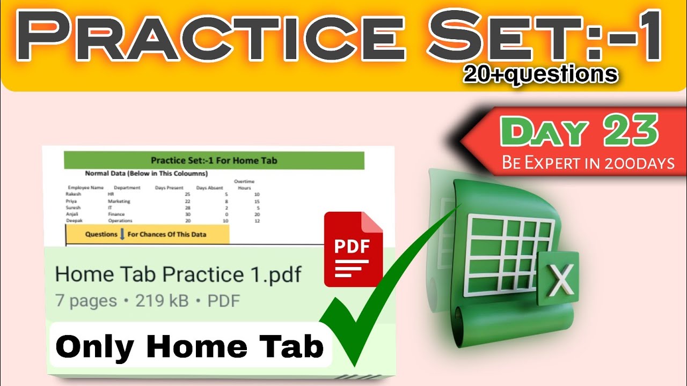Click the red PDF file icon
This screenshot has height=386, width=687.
[x=353, y=250]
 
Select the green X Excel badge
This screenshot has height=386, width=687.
[x=558, y=278]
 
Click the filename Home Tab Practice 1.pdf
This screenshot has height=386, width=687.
[x=178, y=275]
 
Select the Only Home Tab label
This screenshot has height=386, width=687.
[x=189, y=347]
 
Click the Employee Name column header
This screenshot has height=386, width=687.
[x=86, y=188]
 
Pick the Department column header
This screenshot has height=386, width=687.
[x=127, y=188]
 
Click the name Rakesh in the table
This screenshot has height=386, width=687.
[x=74, y=194]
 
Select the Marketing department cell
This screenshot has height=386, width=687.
[x=119, y=201]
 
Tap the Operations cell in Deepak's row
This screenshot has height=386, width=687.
[x=120, y=220]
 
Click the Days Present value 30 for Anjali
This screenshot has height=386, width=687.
[x=187, y=214]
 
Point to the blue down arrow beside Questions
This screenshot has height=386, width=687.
[x=122, y=234]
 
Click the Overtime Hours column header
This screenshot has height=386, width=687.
[x=244, y=185]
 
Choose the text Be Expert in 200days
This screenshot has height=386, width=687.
[x=588, y=162]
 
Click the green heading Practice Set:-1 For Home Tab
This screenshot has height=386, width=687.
[x=214, y=160]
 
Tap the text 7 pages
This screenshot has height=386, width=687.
[x=86, y=301]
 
